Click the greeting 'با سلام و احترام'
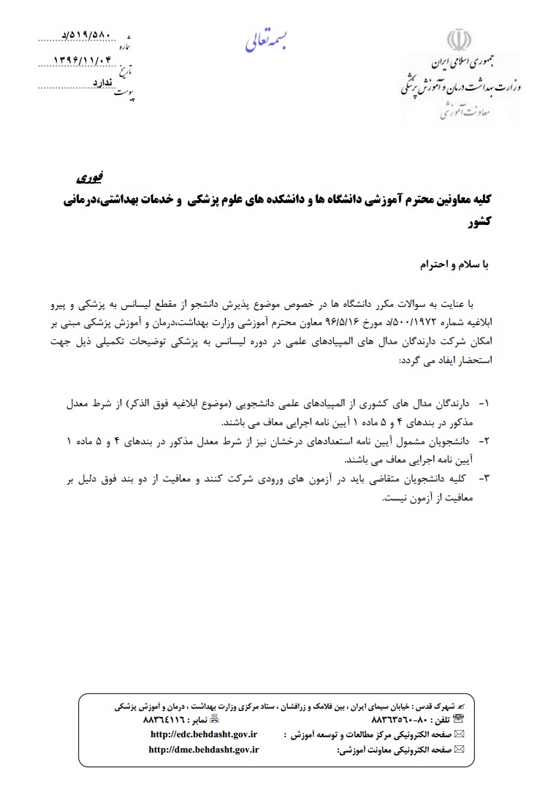[447, 265]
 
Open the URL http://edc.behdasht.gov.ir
[213, 734]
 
